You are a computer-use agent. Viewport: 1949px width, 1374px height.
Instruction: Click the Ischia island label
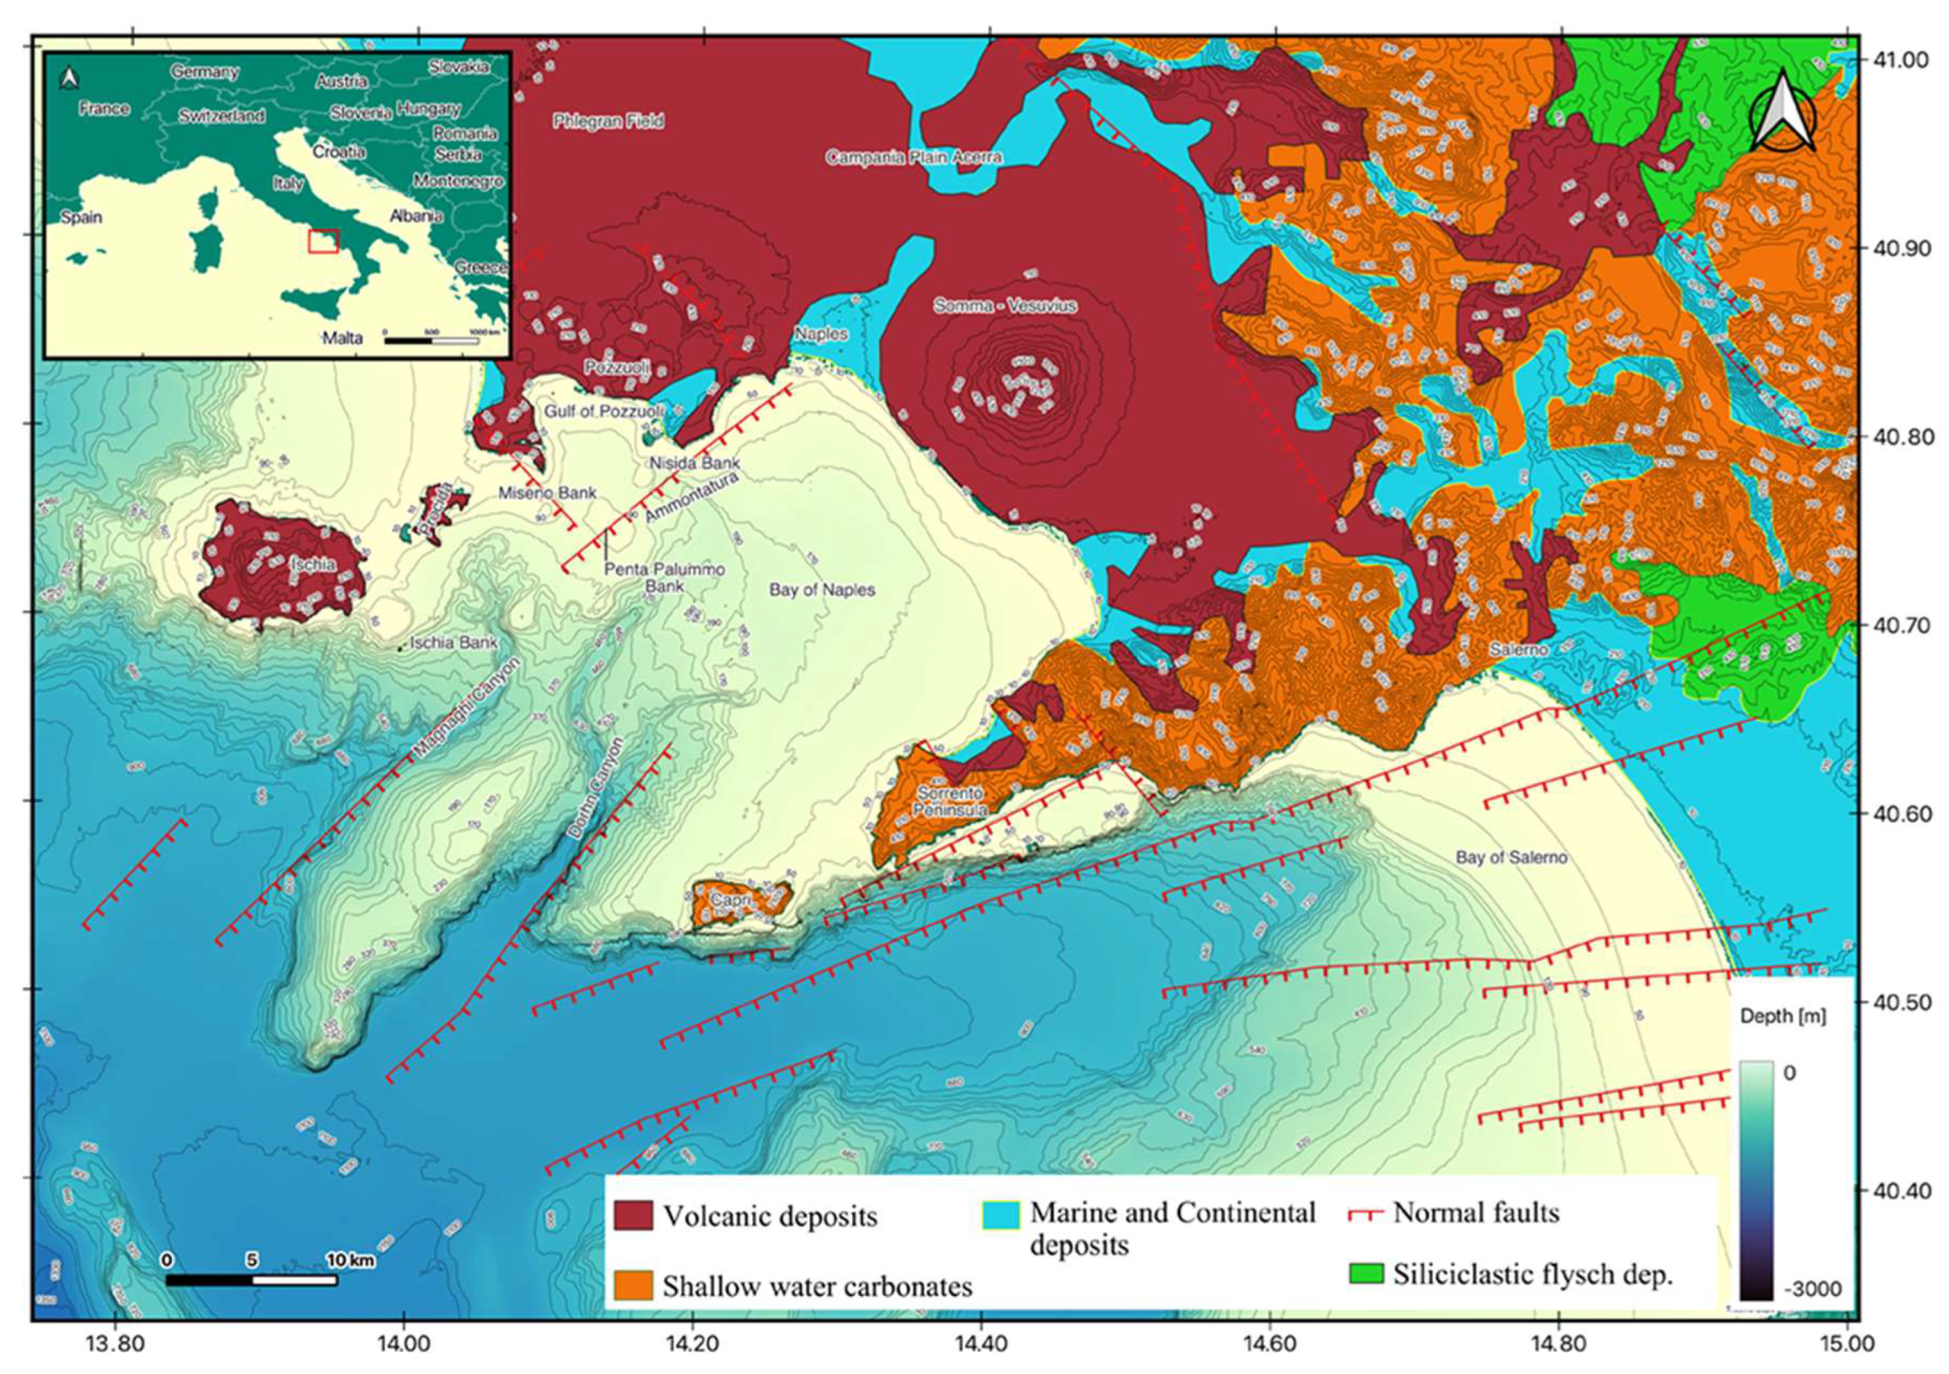[312, 564]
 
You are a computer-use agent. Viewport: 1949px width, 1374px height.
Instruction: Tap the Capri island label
[726, 900]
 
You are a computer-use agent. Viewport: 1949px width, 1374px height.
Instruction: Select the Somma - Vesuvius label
[1005, 306]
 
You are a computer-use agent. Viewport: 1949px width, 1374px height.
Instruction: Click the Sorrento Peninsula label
[949, 801]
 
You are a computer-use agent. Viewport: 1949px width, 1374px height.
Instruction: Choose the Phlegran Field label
[608, 122]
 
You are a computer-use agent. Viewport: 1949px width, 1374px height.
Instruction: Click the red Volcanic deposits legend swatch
[633, 1216]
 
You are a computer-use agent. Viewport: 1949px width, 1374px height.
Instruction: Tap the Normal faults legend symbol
[1366, 1213]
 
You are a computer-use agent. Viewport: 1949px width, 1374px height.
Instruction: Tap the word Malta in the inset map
[342, 338]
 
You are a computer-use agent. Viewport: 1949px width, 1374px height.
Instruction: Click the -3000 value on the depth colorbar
[1811, 1290]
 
